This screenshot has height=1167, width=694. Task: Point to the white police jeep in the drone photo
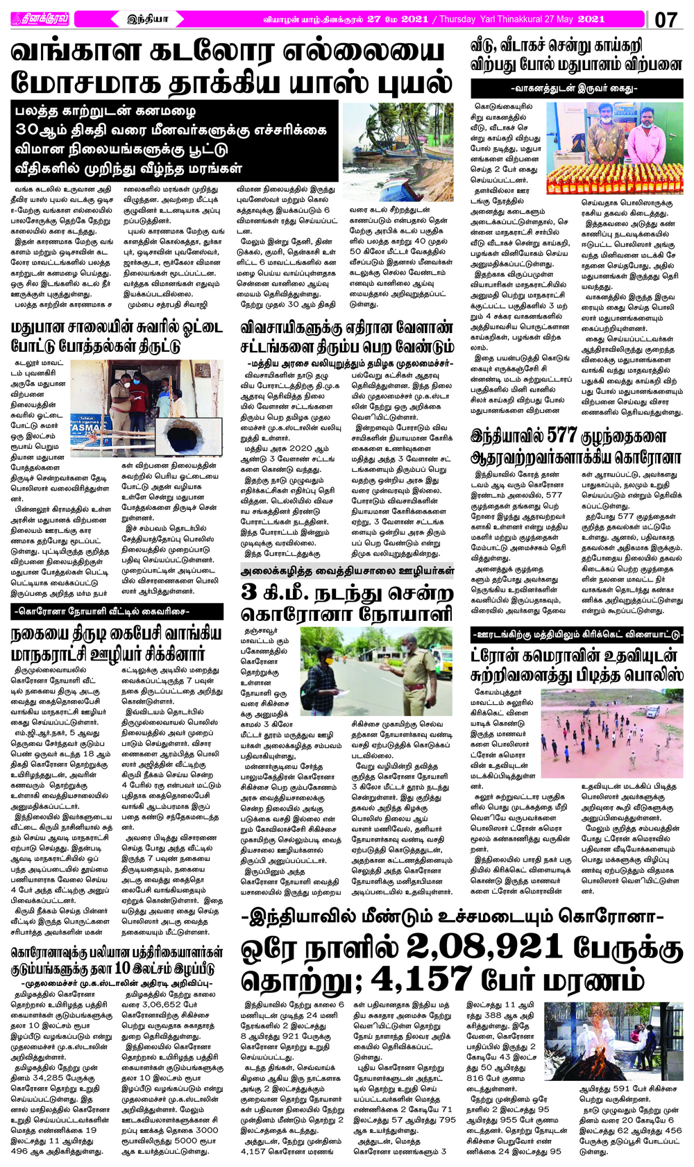(x=652, y=712)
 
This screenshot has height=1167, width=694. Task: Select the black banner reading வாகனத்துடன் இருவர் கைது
(x=576, y=89)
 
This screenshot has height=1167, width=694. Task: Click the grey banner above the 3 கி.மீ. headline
(x=346, y=571)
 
